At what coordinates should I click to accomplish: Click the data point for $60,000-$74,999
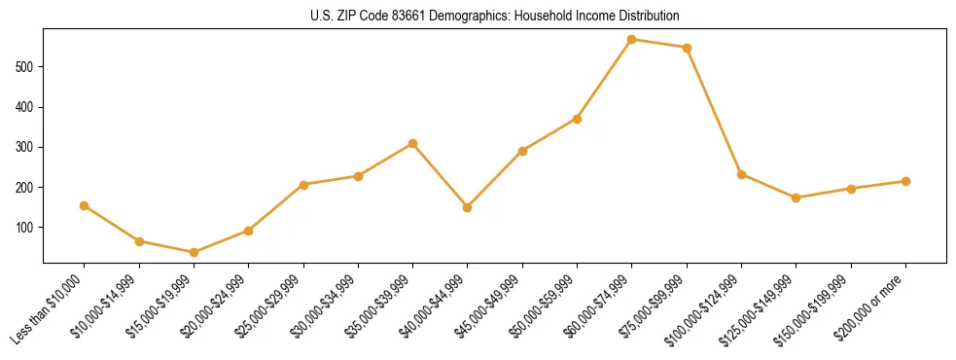point(632,40)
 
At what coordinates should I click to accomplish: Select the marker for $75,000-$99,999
point(687,48)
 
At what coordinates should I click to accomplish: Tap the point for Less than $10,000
point(85,205)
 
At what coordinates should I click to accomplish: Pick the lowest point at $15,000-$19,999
point(194,252)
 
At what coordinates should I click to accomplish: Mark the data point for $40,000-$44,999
point(468,207)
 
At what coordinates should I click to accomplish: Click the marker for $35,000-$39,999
point(413,143)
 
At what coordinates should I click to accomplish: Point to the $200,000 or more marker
point(905,181)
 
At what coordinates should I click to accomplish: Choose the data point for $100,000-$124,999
point(741,174)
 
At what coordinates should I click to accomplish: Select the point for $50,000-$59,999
point(577,119)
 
